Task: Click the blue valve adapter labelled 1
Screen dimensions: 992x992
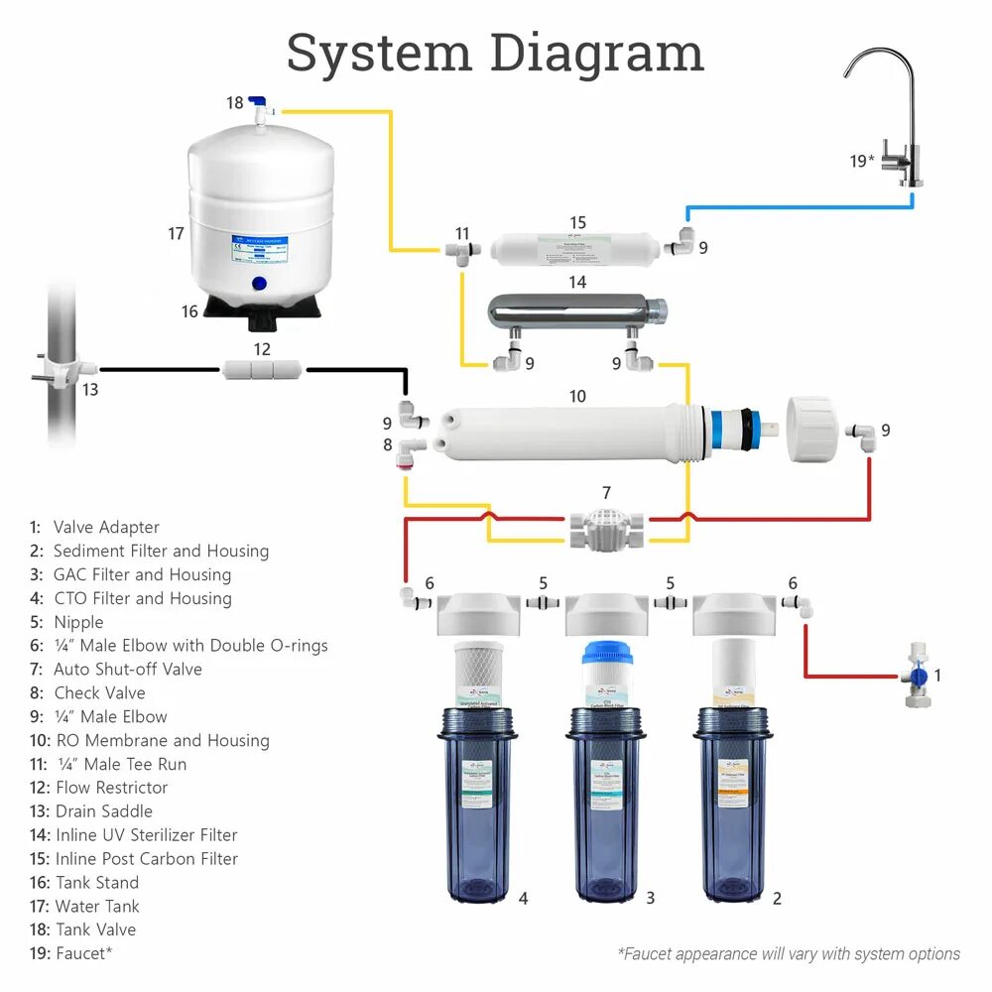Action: [918, 677]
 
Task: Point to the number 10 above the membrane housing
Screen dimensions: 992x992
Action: [577, 397]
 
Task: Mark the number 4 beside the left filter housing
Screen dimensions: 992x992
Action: [523, 899]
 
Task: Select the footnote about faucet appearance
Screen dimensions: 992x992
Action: [789, 954]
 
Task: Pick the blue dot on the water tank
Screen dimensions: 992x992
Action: [260, 283]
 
